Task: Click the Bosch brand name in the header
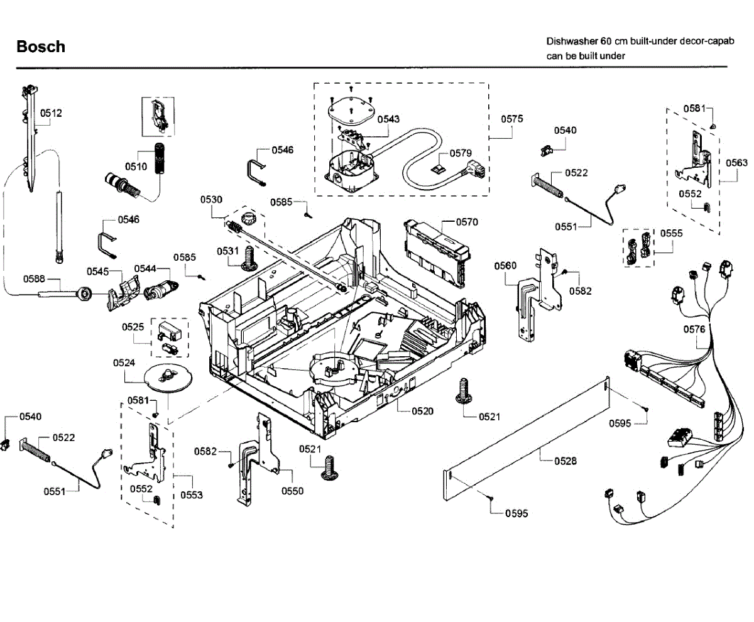click(x=41, y=46)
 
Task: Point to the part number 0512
click(x=52, y=114)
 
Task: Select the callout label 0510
click(x=136, y=167)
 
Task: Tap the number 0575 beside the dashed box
click(x=512, y=119)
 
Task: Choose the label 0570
click(x=467, y=222)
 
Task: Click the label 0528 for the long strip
click(x=565, y=461)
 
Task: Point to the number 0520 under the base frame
click(x=423, y=411)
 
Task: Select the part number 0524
click(x=124, y=363)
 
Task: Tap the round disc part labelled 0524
click(x=167, y=379)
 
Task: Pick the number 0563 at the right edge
click(x=736, y=163)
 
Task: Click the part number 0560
click(x=505, y=266)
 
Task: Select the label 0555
click(x=671, y=233)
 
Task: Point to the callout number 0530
click(x=212, y=200)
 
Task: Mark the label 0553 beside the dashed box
click(x=192, y=495)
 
